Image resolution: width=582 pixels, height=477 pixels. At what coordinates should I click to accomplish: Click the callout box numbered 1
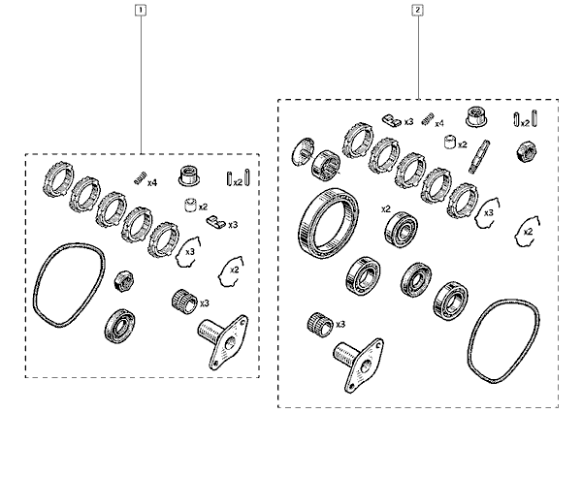click(x=142, y=12)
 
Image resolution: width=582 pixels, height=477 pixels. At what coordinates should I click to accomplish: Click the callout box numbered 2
click(x=418, y=12)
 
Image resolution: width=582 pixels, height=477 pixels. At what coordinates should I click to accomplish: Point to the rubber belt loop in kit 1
click(x=65, y=286)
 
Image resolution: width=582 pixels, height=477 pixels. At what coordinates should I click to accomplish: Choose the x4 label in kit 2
click(x=439, y=124)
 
